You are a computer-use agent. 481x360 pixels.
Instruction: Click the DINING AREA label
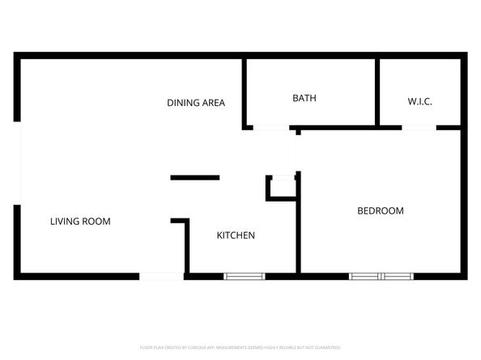[x=195, y=103]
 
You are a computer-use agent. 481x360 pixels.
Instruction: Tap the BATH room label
[x=304, y=98]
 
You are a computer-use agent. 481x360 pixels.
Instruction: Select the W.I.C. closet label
[x=419, y=101]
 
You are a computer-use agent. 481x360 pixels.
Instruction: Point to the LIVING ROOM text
[x=80, y=221]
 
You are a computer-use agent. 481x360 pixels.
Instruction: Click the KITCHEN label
[x=236, y=235]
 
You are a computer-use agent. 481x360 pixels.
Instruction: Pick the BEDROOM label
[x=380, y=211]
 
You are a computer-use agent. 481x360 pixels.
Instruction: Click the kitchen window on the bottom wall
[x=245, y=277]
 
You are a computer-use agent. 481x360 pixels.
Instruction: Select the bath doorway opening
[x=270, y=127]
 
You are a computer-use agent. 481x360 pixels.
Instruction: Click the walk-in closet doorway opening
[x=419, y=127]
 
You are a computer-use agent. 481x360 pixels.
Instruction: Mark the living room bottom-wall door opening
[x=162, y=277]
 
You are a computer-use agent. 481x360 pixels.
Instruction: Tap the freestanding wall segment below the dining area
[x=194, y=177]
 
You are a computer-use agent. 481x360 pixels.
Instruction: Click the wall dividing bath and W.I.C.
[x=377, y=91]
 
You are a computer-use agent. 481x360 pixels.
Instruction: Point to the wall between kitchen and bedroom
[x=299, y=231]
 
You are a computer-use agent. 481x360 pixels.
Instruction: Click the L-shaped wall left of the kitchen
[x=186, y=243]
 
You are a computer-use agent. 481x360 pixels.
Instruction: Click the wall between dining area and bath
[x=244, y=91]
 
